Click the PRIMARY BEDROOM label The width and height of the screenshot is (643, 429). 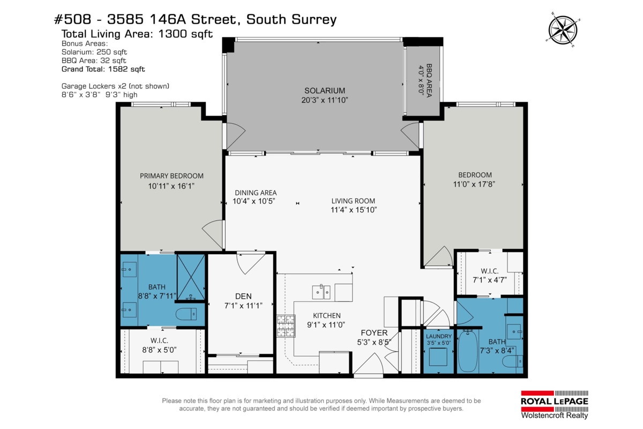(x=171, y=176)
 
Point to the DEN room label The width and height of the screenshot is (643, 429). (x=243, y=296)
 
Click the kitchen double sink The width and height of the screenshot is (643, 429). (x=322, y=292)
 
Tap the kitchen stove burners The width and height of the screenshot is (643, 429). (x=286, y=326)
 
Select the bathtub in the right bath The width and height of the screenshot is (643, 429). (x=470, y=351)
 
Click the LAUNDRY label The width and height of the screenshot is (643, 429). (x=438, y=337)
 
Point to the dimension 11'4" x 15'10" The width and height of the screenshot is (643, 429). (x=354, y=210)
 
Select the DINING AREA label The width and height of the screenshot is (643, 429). (x=255, y=193)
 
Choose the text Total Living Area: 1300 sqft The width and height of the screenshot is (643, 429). (x=137, y=34)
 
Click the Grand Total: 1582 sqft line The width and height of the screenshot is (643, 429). (x=103, y=69)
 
